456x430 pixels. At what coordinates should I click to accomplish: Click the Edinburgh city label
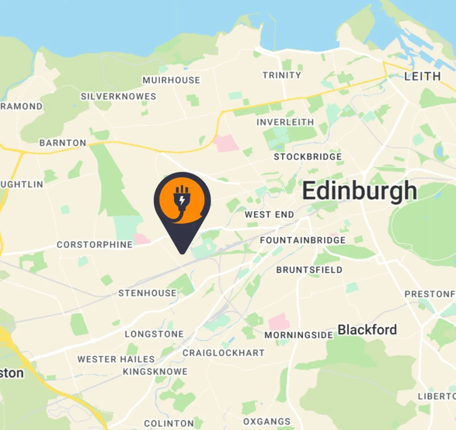[x=360, y=192]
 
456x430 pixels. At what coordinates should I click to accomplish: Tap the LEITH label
[x=422, y=76]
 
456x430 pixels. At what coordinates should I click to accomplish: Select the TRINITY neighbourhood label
[x=282, y=75]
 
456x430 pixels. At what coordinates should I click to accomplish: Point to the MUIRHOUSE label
[x=171, y=80]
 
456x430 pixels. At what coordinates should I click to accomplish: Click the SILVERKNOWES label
[x=118, y=97]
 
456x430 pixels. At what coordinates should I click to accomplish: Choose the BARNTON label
[x=63, y=143]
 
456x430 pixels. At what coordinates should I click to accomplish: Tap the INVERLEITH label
[x=285, y=122]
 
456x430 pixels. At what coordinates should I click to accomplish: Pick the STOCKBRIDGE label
[x=308, y=157]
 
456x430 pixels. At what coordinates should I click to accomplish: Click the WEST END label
[x=269, y=215]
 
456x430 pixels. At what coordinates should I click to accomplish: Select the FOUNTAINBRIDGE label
[x=303, y=241]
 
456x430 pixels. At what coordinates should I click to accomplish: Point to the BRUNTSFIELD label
[x=309, y=270]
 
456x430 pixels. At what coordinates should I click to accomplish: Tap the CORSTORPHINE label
[x=94, y=245]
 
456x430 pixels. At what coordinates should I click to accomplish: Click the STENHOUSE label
[x=147, y=293]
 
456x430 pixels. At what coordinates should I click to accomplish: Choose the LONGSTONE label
[x=154, y=334]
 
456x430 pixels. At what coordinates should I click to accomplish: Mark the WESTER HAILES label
[x=116, y=359]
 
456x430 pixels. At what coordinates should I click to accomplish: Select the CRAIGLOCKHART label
[x=224, y=353]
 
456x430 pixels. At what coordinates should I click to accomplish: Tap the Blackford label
[x=367, y=330]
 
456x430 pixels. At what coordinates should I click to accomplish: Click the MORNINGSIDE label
[x=299, y=335]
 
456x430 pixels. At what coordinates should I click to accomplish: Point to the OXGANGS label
[x=267, y=422]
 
